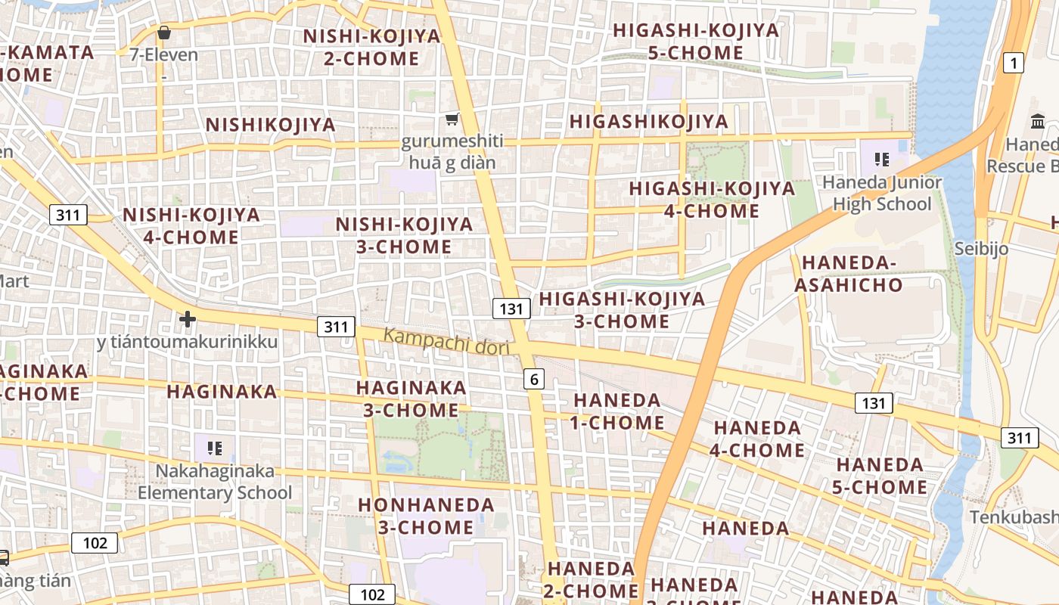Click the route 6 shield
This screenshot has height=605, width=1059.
[x=534, y=379]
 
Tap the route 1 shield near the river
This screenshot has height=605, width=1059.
[x=1013, y=63]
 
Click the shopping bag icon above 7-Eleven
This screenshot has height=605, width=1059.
[x=163, y=33]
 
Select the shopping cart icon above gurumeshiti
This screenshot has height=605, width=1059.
[x=452, y=119]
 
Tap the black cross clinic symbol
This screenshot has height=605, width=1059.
[x=188, y=319]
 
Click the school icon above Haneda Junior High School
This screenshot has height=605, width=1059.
[x=881, y=159]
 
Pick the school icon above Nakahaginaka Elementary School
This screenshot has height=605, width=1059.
[x=215, y=448]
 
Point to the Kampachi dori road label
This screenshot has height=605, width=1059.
[x=446, y=342]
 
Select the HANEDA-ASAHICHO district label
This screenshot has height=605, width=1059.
[x=852, y=274]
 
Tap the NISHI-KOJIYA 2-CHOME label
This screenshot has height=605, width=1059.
[x=371, y=47]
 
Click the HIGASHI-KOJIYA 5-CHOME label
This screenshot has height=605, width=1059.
[x=696, y=41]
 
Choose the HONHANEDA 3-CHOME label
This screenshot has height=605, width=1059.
[x=427, y=516]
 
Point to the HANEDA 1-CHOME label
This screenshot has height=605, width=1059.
[x=617, y=411]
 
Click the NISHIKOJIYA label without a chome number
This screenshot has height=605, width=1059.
[x=271, y=125]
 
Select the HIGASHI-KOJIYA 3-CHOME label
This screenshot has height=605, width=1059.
[x=622, y=310]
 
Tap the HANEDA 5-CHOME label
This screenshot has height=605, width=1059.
[x=880, y=476]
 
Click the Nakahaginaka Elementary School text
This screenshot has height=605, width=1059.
[x=215, y=482]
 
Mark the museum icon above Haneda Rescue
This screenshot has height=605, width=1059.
[x=1038, y=120]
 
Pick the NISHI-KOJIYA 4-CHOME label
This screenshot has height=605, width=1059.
[x=191, y=225]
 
